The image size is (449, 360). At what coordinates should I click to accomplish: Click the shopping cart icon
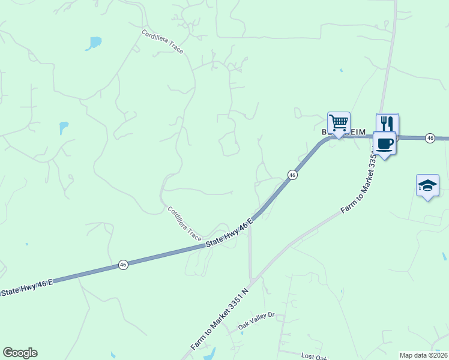pyautogui.click(x=339, y=124)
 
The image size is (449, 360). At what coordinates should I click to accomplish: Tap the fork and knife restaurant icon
pyautogui.click(x=387, y=124)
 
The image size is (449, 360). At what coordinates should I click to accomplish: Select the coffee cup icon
pyautogui.click(x=384, y=144)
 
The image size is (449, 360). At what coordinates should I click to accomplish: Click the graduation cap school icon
pyautogui.click(x=427, y=185)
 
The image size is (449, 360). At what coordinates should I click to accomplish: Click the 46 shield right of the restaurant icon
pyautogui.click(x=430, y=138)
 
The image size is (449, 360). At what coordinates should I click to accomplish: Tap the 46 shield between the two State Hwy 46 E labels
pyautogui.click(x=123, y=265)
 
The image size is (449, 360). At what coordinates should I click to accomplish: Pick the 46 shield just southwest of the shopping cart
pyautogui.click(x=292, y=175)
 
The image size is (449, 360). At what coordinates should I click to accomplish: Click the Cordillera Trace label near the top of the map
pyautogui.click(x=163, y=41)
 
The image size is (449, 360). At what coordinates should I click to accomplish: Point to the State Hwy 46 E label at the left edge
pyautogui.click(x=27, y=287)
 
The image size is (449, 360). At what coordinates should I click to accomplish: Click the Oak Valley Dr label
pyautogui.click(x=256, y=322)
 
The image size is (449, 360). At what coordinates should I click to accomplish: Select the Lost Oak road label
pyautogui.click(x=315, y=356)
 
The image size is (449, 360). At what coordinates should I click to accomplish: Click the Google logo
pyautogui.click(x=20, y=353)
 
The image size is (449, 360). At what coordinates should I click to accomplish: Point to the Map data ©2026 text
pyautogui.click(x=424, y=355)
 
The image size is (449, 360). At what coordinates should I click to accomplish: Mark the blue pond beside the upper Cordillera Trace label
pyautogui.click(x=94, y=43)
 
